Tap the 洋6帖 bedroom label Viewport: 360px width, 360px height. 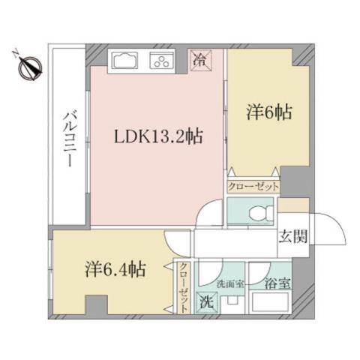click(268, 113)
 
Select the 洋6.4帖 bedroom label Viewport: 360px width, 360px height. click(113, 268)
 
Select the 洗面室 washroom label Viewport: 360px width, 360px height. click(228, 283)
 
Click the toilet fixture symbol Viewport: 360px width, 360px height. click(253, 213)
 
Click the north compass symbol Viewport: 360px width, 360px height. click(28, 68)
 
